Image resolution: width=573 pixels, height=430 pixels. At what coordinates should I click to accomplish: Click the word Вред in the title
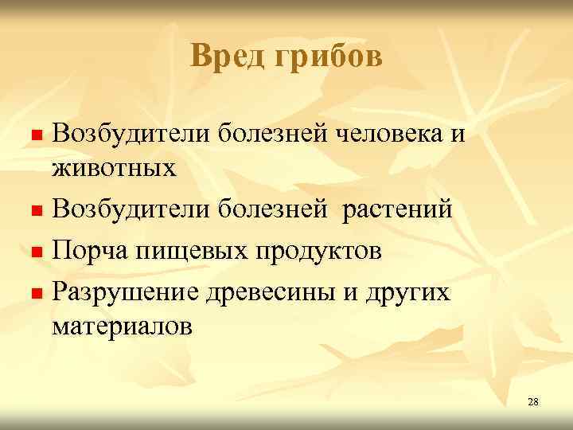[x=224, y=56]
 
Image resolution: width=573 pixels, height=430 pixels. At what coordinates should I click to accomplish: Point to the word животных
[x=114, y=168]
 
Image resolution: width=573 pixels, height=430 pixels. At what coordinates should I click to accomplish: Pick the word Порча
[x=87, y=251]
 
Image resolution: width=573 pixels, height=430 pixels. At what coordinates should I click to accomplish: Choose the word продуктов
[x=318, y=251]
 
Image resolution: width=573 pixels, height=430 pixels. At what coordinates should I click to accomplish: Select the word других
[x=411, y=292]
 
